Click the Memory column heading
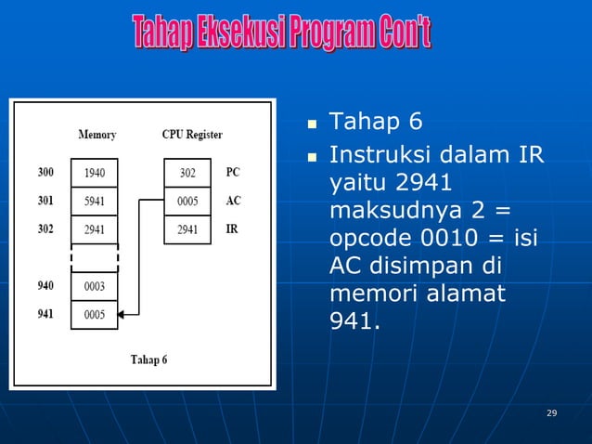point(97,135)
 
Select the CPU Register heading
point(192,135)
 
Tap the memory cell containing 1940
point(95,173)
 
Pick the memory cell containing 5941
point(95,201)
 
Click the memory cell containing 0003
point(95,287)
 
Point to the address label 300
point(45,172)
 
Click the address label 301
point(45,200)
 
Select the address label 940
point(45,286)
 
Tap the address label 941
point(45,314)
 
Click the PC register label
point(233,172)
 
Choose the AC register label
point(233,200)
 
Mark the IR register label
point(232,228)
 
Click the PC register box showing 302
point(188,173)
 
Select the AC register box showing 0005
point(188,201)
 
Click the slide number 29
point(552,412)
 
